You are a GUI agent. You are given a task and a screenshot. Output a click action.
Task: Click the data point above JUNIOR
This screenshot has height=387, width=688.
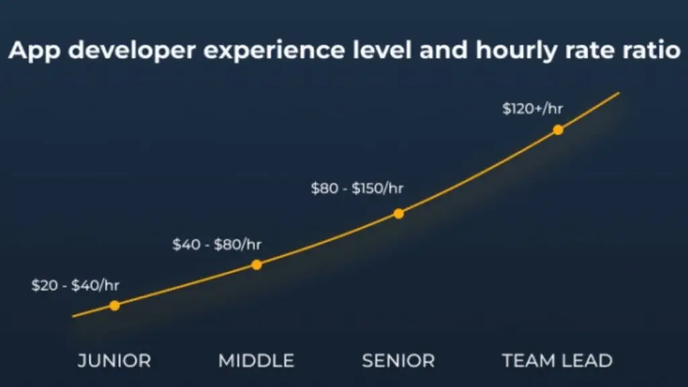coord(114,306)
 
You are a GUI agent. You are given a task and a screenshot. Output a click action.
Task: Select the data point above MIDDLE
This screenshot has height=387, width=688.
coord(256,265)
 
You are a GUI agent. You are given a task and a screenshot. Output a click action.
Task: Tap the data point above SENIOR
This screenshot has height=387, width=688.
coord(398,214)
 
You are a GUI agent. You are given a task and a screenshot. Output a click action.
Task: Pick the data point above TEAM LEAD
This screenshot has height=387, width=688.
coord(558,130)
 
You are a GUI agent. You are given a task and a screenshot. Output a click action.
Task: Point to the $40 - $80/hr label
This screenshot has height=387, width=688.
coord(216,245)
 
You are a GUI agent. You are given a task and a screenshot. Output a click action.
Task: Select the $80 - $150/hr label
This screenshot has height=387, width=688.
coord(357,189)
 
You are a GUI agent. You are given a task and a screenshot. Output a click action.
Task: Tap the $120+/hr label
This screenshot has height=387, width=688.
coord(533,108)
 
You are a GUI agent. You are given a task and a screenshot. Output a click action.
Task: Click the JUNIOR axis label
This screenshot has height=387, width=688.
coord(114,361)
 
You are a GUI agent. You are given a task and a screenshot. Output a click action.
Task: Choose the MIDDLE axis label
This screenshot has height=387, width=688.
coord(256,361)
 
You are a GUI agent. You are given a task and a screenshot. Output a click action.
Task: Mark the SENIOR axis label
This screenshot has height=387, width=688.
coord(398,361)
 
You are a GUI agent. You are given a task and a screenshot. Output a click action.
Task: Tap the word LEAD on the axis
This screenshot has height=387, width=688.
coord(589,361)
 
